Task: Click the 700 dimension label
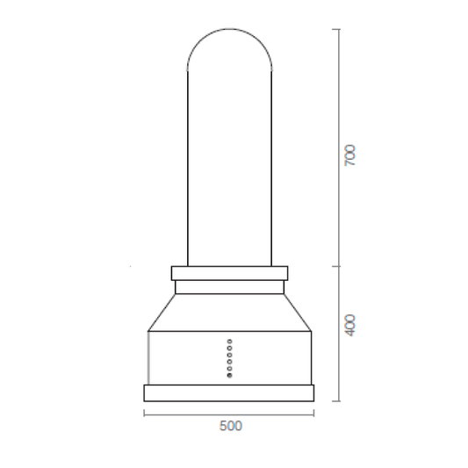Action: [350, 155]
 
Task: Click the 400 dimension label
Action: [350, 325]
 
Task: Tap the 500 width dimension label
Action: [231, 426]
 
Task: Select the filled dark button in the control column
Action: [229, 376]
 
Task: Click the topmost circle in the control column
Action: [229, 342]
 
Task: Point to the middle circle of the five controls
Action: [229, 355]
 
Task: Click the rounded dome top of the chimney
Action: [229, 29]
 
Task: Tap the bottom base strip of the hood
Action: [229, 393]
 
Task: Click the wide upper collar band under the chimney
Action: [229, 273]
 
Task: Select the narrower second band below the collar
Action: [229, 287]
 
